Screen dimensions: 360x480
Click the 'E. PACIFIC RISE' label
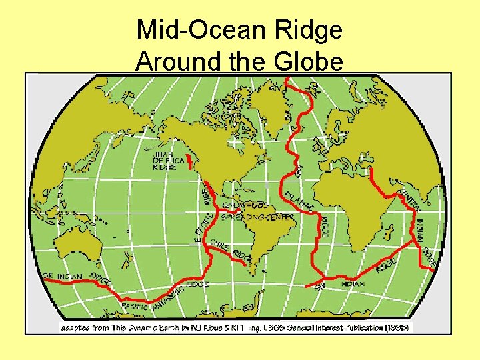pyautogui.click(x=204, y=213)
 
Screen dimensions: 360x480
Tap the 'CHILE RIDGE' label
pyautogui.click(x=230, y=250)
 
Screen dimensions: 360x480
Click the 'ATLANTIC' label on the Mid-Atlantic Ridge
pyautogui.click(x=299, y=200)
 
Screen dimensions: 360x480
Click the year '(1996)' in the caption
pyautogui.click(x=398, y=328)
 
